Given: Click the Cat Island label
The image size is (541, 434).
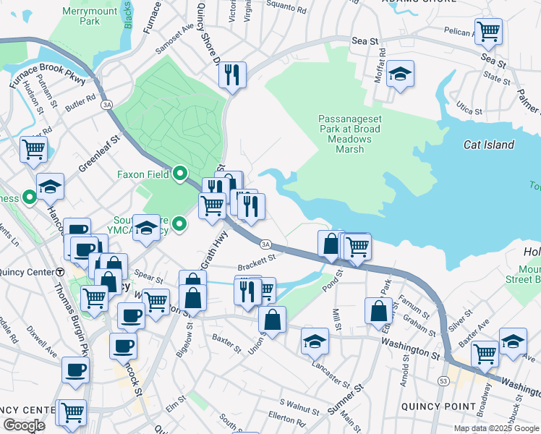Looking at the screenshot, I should click(x=489, y=145).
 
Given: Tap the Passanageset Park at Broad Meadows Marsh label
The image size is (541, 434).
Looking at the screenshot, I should click(x=349, y=134).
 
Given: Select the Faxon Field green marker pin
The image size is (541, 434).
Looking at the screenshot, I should click(x=179, y=174).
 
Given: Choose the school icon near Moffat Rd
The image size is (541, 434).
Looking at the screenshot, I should click(x=399, y=74).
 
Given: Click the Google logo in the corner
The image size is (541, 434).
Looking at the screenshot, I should click(x=24, y=425).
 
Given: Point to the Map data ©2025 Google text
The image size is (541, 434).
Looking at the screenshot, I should click(x=495, y=428).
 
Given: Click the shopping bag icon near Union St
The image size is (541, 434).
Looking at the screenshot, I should click(x=272, y=320).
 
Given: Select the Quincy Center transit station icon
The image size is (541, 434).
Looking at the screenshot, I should click(x=61, y=272).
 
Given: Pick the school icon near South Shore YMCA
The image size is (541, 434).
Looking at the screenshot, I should click(x=147, y=228).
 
